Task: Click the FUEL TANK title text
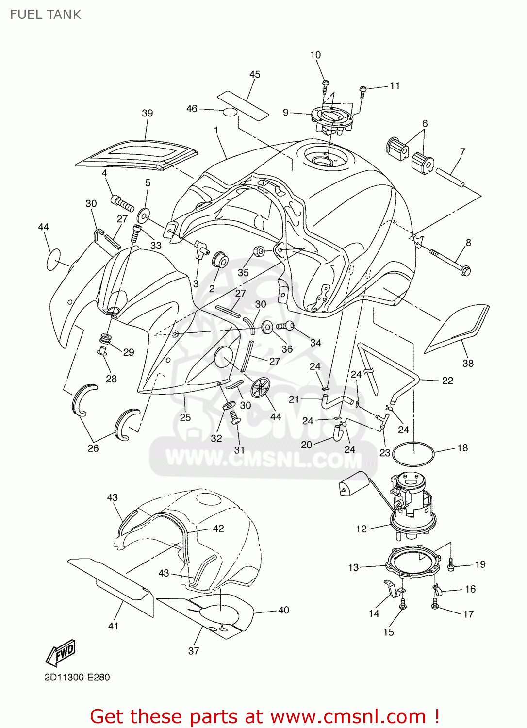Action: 46,15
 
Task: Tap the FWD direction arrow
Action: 61,652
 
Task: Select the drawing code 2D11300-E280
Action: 77,677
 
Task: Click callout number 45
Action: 255,74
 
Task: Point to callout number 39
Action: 147,113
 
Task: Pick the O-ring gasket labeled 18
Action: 413,455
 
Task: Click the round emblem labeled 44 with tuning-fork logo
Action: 261,387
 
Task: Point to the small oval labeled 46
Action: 230,113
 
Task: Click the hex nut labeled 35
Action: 259,251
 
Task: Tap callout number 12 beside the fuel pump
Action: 361,529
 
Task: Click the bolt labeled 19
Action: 451,565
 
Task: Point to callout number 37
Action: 194,650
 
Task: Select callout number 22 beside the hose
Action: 447,381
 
